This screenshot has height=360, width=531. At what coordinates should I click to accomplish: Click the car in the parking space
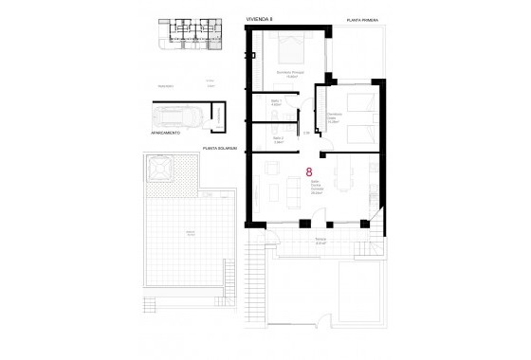pyautogui.click(x=178, y=118)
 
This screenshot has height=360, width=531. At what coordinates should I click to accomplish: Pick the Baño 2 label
pyautogui.click(x=278, y=140)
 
